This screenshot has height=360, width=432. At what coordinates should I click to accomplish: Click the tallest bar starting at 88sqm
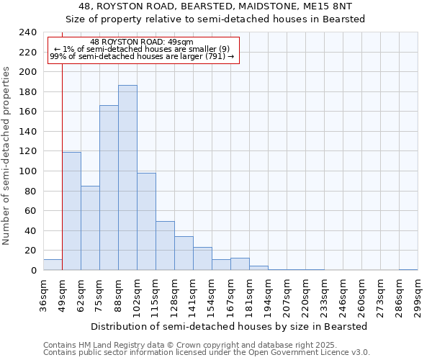pyautogui.click(x=127, y=178)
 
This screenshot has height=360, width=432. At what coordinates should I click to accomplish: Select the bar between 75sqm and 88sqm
pyautogui.click(x=109, y=188)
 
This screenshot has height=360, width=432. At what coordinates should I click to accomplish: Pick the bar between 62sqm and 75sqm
pyautogui.click(x=90, y=228)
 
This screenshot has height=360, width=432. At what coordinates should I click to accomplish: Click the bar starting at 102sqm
pyautogui.click(x=146, y=222)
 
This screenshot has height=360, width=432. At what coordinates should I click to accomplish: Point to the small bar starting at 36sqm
pyautogui.click(x=53, y=265)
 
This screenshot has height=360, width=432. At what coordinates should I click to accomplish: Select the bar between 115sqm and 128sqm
pyautogui.click(x=165, y=246)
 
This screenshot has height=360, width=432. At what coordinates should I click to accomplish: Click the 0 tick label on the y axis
pyautogui.click(x=33, y=271)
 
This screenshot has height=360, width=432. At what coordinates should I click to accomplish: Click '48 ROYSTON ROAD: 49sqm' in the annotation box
pyautogui.click(x=142, y=42)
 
